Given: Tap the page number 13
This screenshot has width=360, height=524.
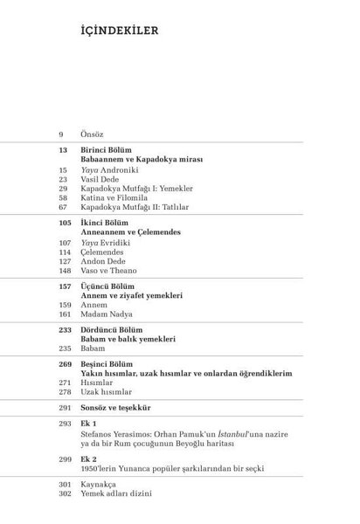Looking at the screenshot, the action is [x=63, y=151].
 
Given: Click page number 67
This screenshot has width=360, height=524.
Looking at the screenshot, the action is [x=64, y=208].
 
